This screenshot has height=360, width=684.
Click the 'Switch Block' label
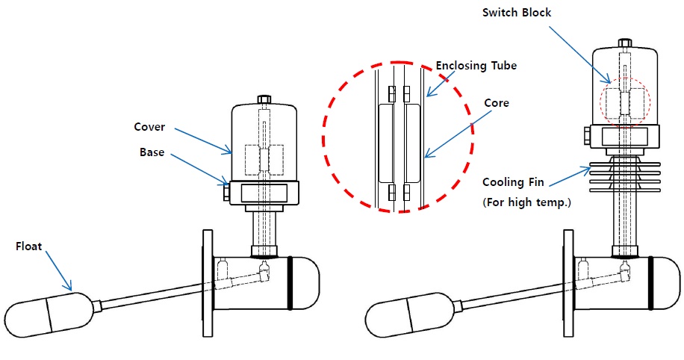click(x=517, y=13)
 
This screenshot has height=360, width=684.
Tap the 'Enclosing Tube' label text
click(x=476, y=66)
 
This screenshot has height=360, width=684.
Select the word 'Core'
click(x=497, y=103)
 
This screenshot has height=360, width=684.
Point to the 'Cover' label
click(x=149, y=127)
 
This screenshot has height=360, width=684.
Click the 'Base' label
click(x=152, y=152)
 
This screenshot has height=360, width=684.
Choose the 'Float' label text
click(x=29, y=246)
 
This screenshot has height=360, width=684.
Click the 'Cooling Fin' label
click(x=513, y=182)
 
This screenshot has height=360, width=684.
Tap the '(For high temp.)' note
click(x=526, y=202)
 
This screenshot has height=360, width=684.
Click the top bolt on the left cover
click(x=264, y=99)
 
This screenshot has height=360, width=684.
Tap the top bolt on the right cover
click(x=625, y=43)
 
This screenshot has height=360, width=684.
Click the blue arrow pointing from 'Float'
click(x=58, y=270)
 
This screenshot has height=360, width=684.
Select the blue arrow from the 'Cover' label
click(x=203, y=141)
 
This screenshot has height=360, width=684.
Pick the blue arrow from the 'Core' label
click(x=455, y=134)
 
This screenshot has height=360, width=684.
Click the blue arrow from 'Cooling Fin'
click(x=570, y=177)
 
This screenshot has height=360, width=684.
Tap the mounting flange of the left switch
click(x=208, y=283)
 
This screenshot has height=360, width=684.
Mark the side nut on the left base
click(x=226, y=191)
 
